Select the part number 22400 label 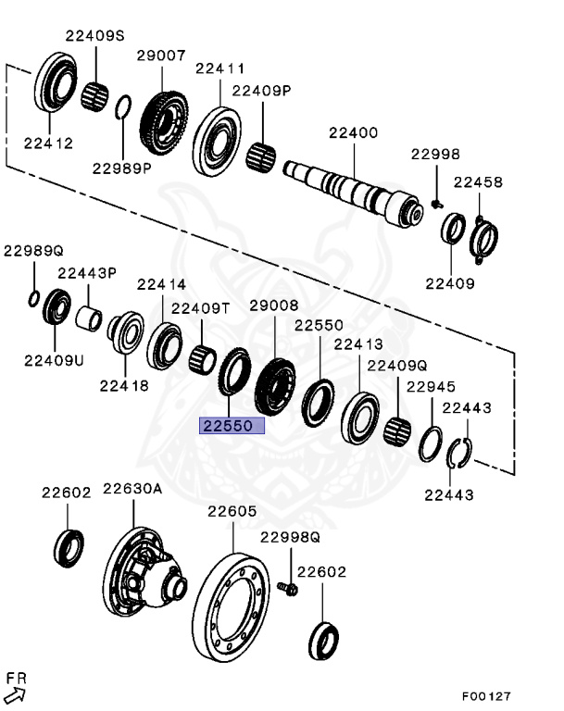click(x=353, y=132)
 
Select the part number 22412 click(x=48, y=143)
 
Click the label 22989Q click(x=32, y=250)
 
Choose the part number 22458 click(x=478, y=182)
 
